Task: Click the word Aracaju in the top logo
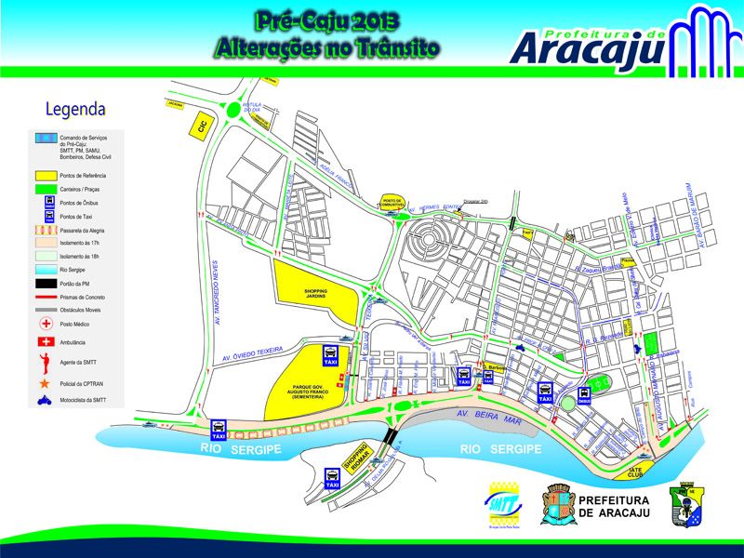[588, 47]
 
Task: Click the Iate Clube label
[637, 472]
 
